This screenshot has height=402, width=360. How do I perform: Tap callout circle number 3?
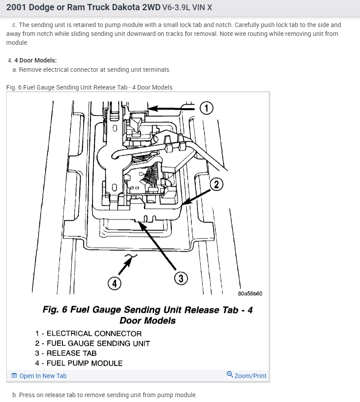pyautogui.click(x=181, y=278)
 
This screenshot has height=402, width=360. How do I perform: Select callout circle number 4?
pyautogui.click(x=115, y=283)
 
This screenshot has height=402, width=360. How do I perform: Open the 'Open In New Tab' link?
pyautogui.click(x=43, y=376)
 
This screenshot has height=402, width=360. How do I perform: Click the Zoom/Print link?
pyautogui.click(x=250, y=376)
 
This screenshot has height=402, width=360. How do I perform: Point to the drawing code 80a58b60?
pyautogui.click(x=250, y=293)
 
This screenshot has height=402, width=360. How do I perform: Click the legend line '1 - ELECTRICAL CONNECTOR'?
pyautogui.click(x=89, y=334)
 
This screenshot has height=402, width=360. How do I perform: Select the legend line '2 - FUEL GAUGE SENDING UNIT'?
pyautogui.click(x=93, y=343)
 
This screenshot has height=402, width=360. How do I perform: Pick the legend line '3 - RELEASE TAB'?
pyautogui.click(x=66, y=353)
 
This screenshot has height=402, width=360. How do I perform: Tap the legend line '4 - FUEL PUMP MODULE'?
pyautogui.click(x=79, y=363)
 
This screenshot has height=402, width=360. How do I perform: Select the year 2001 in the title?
pyautogui.click(x=17, y=8)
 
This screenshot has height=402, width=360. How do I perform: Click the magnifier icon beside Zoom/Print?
pyautogui.click(x=230, y=375)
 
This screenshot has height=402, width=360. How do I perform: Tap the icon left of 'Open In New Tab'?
pyautogui.click(x=14, y=376)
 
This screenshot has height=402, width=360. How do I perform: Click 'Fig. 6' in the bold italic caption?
pyautogui.click(x=55, y=310)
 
